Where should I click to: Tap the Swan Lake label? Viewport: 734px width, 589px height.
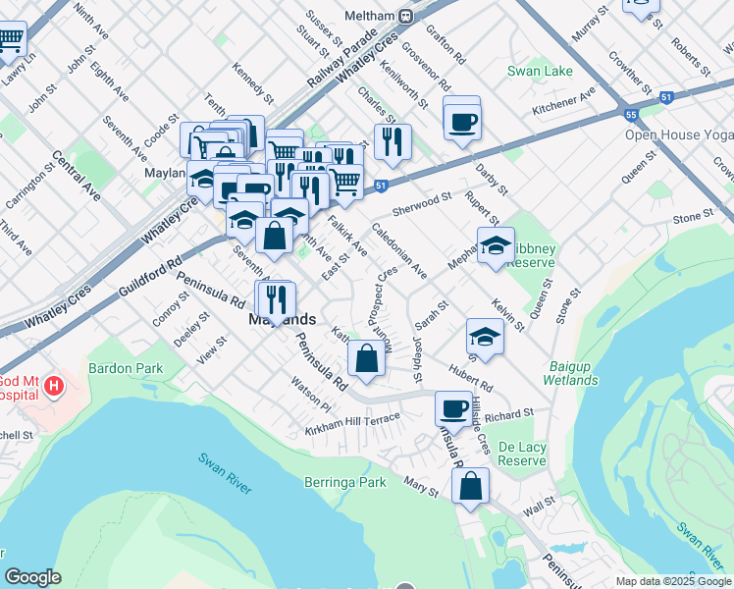pos(540,72)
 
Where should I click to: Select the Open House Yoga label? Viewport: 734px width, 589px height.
pos(678,134)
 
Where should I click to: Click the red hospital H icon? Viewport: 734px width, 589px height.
pos(54,386)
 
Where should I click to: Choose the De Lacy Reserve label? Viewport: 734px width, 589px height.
pos(521,454)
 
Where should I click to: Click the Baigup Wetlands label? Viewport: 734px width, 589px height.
pos(569,373)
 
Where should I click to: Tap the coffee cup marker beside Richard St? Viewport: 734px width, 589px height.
pos(453,407)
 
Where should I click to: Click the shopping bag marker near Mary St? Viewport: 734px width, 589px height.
pos(471,486)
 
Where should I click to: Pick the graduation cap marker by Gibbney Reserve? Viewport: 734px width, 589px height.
pos(496,245)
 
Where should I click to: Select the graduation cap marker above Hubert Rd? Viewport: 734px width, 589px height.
pos(485,338)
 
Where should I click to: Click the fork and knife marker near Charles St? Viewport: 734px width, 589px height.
pos(392,141)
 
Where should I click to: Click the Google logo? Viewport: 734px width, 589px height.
pos(32,577)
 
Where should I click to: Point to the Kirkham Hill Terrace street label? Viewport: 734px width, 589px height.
pos(352,425)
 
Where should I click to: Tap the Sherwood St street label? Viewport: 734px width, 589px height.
pos(421,203)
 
